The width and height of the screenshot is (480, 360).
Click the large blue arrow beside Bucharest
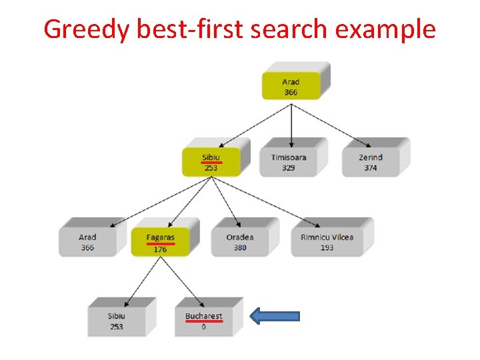[275, 317]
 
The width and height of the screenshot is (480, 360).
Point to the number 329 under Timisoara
[289, 168]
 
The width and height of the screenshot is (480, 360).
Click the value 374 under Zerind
[371, 168]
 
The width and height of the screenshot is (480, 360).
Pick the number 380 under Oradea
[240, 248]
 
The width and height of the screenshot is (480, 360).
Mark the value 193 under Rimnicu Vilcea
[327, 248]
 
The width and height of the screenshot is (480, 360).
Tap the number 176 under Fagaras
[160, 249]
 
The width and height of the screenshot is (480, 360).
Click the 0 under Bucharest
[203, 327]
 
